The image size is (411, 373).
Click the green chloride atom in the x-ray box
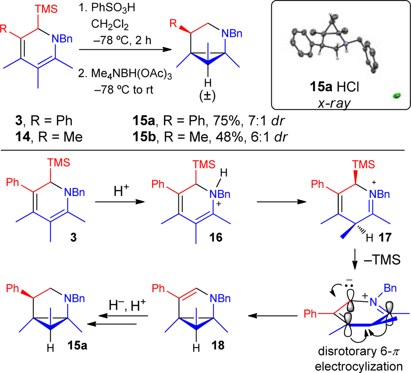(396, 95)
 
